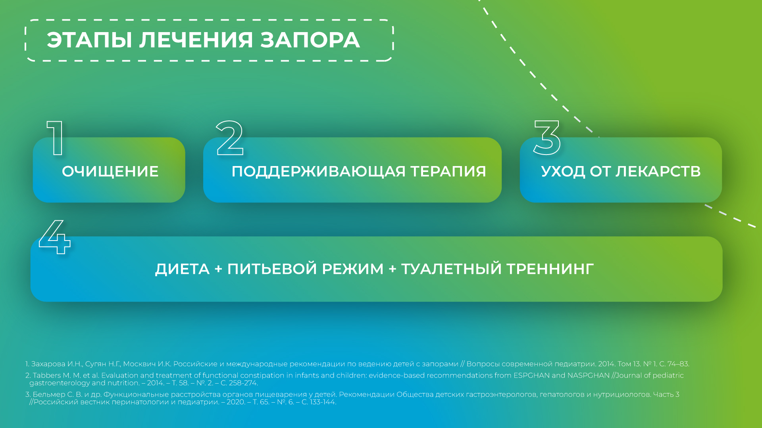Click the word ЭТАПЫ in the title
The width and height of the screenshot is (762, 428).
[x=89, y=40]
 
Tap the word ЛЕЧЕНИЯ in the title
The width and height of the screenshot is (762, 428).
[x=196, y=40]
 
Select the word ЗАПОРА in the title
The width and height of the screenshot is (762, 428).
[x=310, y=40]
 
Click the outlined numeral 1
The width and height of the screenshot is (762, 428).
[x=56, y=138]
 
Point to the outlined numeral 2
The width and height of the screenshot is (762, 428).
[x=229, y=138]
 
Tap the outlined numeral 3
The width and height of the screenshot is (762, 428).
[x=547, y=138]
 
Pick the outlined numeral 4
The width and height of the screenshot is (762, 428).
[x=55, y=237]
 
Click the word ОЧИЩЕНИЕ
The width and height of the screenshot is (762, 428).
[x=110, y=172]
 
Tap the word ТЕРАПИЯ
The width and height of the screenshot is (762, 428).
[x=448, y=172]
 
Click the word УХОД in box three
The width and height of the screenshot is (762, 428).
[x=563, y=172]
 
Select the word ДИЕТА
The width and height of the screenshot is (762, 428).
[x=182, y=269]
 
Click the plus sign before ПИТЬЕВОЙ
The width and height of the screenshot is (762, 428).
[x=218, y=269]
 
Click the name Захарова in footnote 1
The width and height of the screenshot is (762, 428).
[x=48, y=364]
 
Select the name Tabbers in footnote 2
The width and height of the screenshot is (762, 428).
[x=47, y=375]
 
